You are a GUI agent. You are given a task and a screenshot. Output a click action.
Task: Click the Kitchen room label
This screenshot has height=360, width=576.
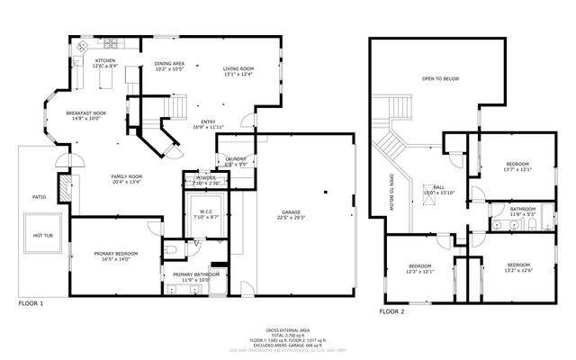(105, 61)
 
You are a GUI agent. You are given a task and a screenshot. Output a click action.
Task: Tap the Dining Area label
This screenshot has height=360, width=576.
(169, 64)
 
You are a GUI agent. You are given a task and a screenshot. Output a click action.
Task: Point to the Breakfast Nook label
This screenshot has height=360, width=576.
(85, 112)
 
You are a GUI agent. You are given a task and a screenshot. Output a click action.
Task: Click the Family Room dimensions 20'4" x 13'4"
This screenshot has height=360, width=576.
(127, 182)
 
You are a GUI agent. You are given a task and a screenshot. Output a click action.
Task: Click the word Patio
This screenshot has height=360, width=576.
(39, 196)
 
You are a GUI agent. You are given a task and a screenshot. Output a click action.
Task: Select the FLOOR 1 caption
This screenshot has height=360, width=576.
(31, 304)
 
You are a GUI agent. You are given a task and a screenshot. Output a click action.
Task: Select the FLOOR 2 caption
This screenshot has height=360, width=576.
(391, 310)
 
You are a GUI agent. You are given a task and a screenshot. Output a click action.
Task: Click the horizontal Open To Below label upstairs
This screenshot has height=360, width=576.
(440, 79)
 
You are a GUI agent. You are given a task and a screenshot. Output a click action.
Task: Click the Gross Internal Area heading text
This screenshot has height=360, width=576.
(288, 330)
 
